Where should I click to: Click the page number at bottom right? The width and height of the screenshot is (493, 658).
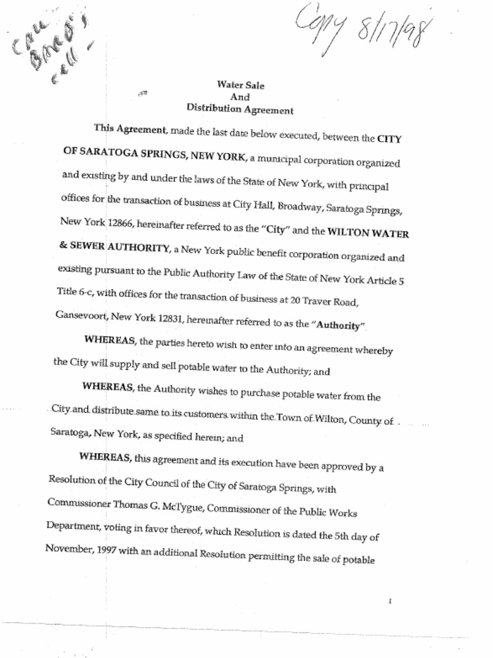(390, 601)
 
